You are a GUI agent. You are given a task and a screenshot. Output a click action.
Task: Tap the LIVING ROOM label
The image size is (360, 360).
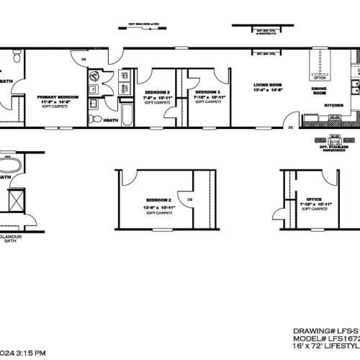[x=266, y=86]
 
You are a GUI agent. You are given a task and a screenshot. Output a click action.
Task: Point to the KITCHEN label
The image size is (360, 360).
[x=334, y=105]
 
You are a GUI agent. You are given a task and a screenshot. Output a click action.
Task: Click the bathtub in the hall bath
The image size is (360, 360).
[x=127, y=116]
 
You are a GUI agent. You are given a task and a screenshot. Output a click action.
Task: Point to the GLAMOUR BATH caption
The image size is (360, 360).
[x=10, y=238]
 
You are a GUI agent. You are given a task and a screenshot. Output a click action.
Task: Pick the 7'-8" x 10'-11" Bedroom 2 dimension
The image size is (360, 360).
[x=158, y=97]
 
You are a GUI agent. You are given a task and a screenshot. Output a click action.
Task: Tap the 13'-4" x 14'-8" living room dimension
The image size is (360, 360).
[x=266, y=91]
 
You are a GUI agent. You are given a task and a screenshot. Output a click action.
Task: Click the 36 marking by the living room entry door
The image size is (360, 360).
[x=289, y=127]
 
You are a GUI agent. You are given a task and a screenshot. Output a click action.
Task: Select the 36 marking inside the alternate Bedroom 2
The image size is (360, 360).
[x=190, y=200]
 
